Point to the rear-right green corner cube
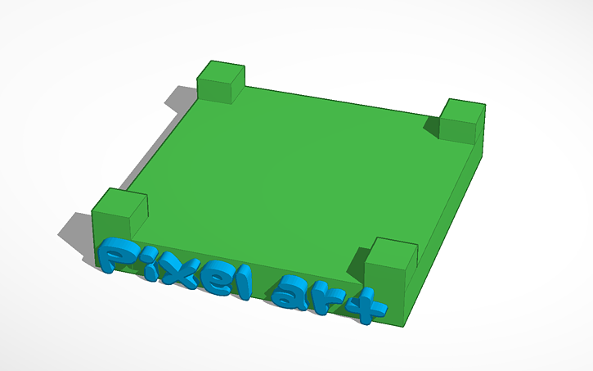462,123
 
